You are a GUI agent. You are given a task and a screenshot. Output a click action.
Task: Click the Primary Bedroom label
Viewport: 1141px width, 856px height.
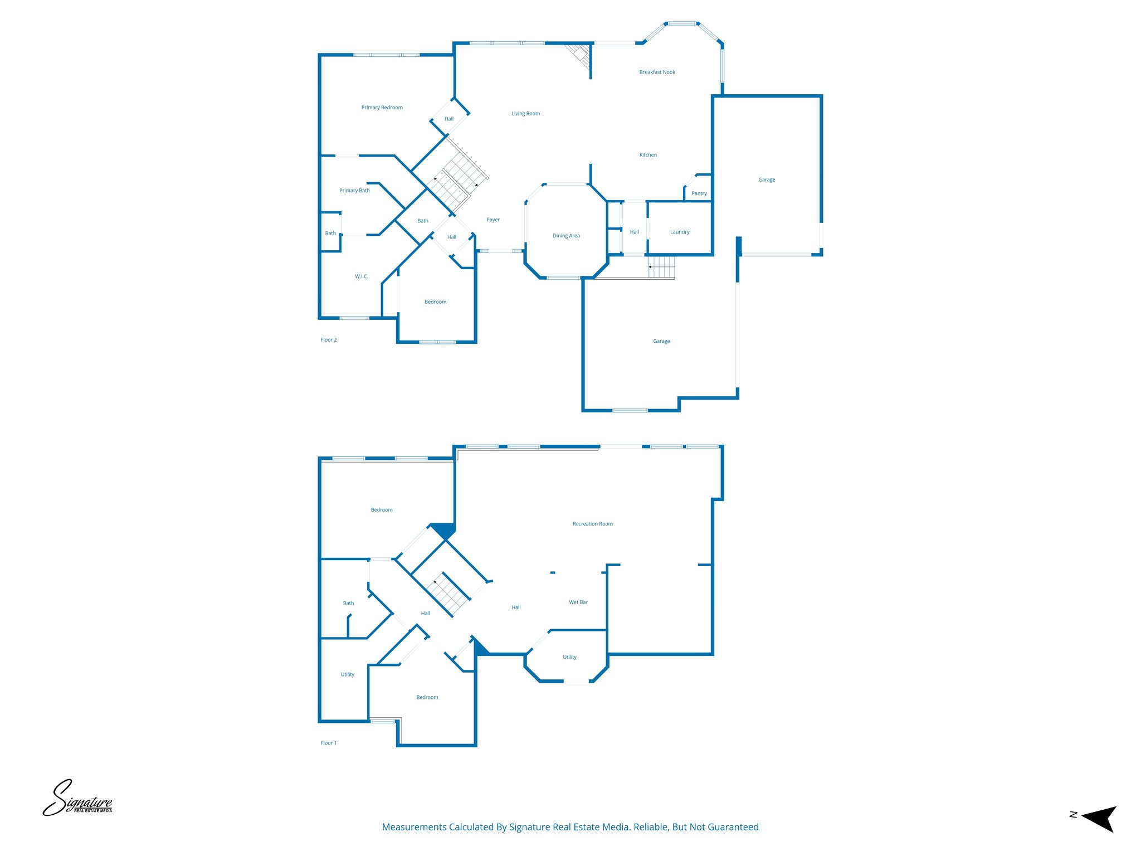click(x=382, y=108)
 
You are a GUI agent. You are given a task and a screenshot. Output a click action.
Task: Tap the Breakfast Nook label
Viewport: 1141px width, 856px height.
click(x=657, y=72)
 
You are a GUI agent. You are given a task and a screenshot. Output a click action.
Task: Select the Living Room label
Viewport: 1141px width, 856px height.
click(x=525, y=114)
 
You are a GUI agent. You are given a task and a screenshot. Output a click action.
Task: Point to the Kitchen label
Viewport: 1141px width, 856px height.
click(x=648, y=155)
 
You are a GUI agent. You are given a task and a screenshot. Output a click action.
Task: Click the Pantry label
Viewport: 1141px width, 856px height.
click(x=699, y=193)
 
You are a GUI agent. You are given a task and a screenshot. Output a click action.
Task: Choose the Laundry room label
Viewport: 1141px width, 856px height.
click(x=679, y=232)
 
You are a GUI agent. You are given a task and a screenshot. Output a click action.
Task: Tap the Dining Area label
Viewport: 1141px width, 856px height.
click(x=566, y=236)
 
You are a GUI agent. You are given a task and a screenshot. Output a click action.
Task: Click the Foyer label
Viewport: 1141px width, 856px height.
click(x=493, y=220)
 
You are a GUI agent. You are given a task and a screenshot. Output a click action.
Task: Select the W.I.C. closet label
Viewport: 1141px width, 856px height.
click(x=362, y=276)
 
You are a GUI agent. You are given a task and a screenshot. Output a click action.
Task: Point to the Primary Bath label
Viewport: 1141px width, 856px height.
click(x=354, y=191)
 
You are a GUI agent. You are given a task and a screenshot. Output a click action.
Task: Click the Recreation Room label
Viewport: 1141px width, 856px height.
click(x=592, y=524)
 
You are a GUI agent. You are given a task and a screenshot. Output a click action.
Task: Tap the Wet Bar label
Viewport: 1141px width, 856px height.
click(x=578, y=602)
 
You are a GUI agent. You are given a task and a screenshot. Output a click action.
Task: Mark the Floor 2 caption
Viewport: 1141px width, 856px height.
click(x=329, y=340)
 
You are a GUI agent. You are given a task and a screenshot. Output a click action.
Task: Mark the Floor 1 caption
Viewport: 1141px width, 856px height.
click(x=329, y=743)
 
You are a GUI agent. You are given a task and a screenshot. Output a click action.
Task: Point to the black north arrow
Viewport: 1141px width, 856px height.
click(x=1099, y=818)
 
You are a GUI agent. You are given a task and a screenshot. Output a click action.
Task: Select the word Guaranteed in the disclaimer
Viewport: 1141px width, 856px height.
click(x=733, y=827)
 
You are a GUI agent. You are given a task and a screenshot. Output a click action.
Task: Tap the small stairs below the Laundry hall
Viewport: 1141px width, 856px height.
click(x=662, y=267)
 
